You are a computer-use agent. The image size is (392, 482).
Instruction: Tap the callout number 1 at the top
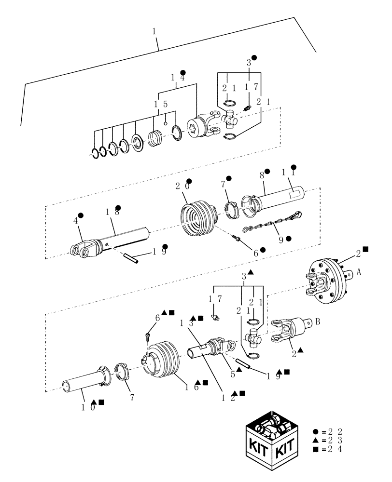(154, 31)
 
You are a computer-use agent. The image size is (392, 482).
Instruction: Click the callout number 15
(161, 104)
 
